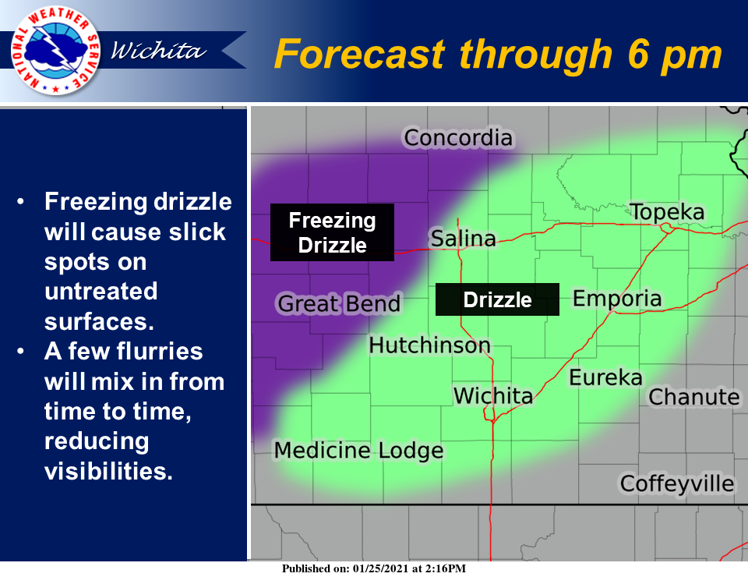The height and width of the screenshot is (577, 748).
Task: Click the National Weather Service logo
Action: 55,50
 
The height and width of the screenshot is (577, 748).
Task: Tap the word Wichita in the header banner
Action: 158,51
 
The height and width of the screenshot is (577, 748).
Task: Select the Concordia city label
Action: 458,138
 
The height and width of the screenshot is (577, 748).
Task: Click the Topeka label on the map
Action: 667,212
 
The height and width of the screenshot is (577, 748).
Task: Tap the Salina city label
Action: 463,238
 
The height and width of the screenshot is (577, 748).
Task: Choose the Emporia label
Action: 617,299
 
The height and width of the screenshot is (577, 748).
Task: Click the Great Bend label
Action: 339,303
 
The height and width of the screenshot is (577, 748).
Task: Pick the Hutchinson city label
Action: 429,345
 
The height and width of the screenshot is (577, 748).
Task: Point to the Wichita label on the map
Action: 492,395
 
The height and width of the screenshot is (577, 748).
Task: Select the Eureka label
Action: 606,377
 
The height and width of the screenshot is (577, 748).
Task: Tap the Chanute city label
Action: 694,397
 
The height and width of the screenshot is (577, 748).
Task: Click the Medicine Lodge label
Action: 358,451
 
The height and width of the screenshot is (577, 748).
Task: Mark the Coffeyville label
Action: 677,483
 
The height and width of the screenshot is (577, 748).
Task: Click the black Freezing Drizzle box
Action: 332,232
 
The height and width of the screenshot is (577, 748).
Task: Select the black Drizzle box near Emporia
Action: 497,299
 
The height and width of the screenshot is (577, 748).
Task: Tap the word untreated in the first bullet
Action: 101,291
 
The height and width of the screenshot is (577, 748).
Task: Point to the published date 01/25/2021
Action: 381,568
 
